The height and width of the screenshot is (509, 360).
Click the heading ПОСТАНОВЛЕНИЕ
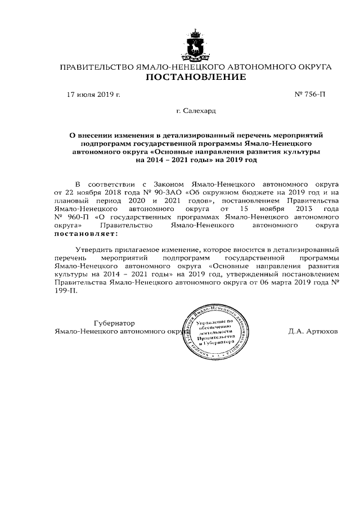[196, 77]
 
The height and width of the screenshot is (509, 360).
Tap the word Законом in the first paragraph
[169, 183]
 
